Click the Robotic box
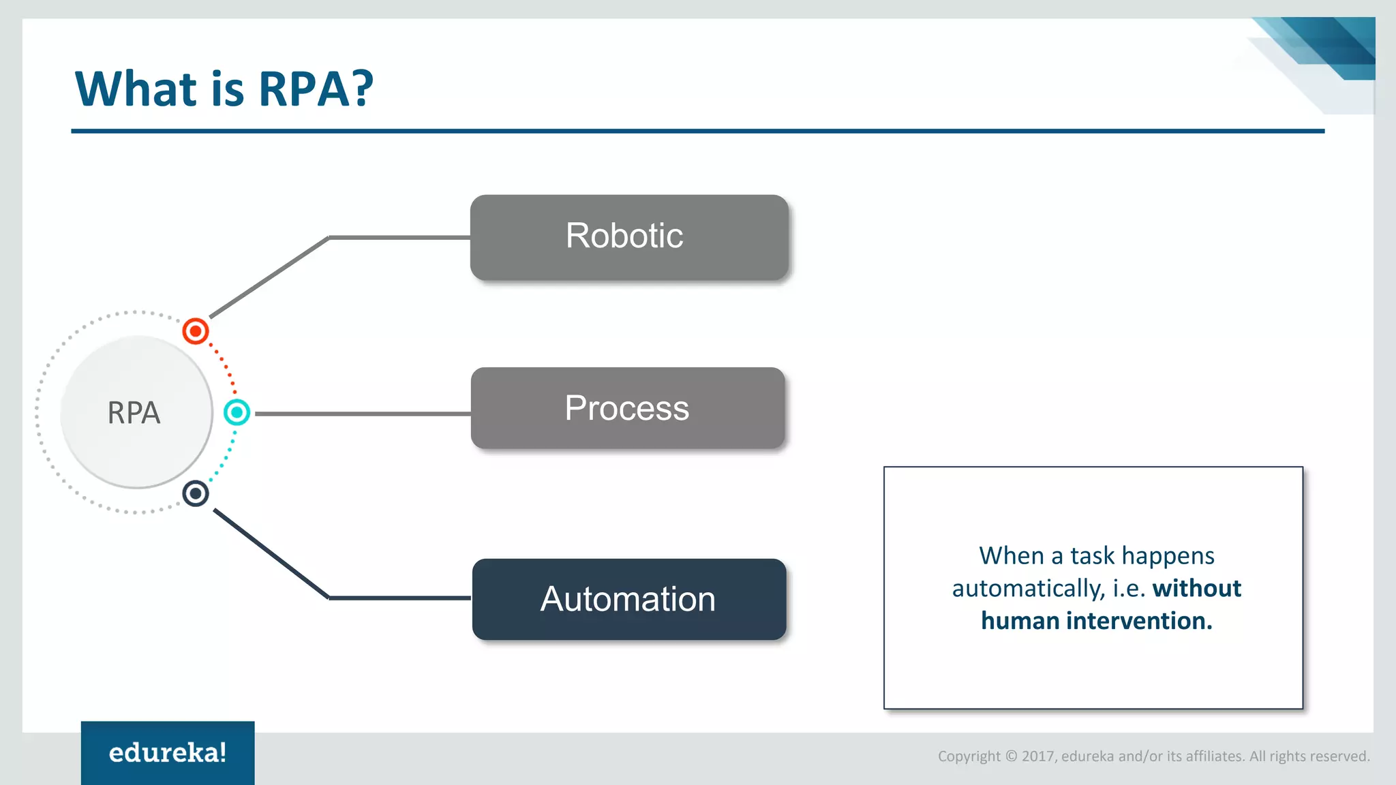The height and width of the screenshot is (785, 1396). click(x=629, y=237)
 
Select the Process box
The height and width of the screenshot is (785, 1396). click(x=628, y=408)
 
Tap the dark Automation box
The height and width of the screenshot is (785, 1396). click(x=628, y=599)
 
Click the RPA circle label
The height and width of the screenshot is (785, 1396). click(x=134, y=413)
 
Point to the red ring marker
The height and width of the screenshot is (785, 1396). click(x=196, y=331)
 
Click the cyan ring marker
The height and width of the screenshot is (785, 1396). click(x=237, y=412)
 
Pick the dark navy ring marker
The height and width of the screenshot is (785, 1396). click(x=196, y=493)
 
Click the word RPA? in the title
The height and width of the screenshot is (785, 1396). click(x=316, y=89)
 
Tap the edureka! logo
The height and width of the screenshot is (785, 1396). click(x=168, y=753)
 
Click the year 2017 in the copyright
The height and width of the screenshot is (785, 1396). click(x=1037, y=756)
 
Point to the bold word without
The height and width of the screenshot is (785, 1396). click(x=1196, y=588)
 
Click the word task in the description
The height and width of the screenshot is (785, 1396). click(x=1092, y=555)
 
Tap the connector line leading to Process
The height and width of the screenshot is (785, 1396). click(x=361, y=414)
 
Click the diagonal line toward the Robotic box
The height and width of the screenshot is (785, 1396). click(x=269, y=277)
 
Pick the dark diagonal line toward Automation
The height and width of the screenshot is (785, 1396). click(x=271, y=553)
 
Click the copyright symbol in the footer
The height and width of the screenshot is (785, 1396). click(x=1011, y=756)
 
